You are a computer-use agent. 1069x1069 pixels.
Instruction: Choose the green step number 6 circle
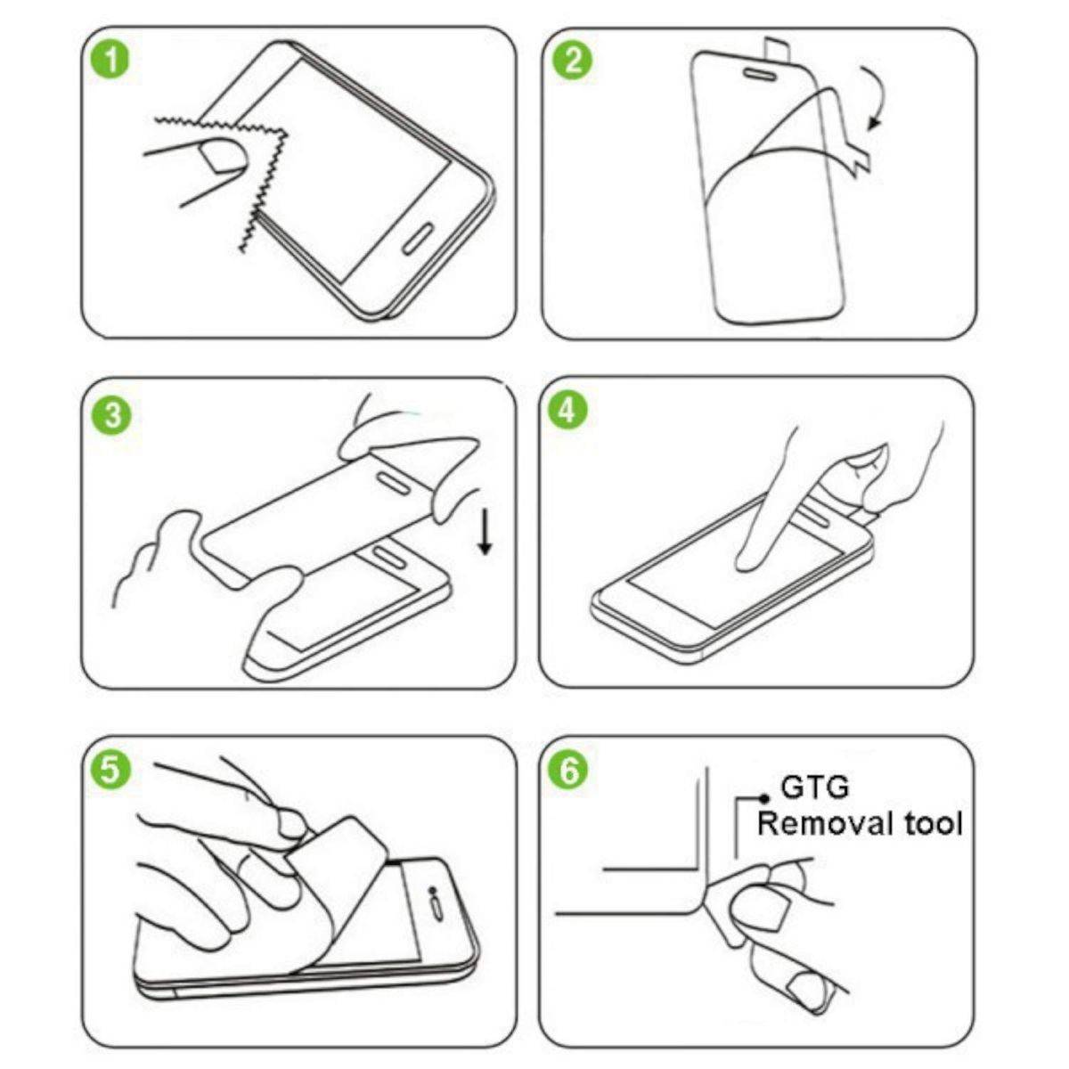(x=571, y=771)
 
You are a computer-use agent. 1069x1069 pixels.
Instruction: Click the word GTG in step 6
(x=814, y=787)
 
